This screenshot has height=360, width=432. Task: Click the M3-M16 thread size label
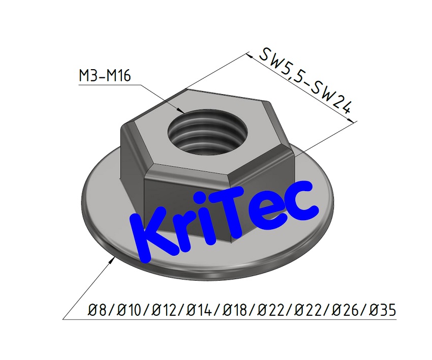[x=105, y=76]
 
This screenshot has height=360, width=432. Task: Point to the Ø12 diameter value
[x=168, y=309]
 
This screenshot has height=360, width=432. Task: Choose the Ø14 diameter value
[x=206, y=309]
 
